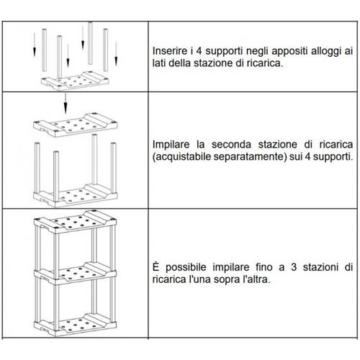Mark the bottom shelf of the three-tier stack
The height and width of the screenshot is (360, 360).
pyautogui.click(x=76, y=322)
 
